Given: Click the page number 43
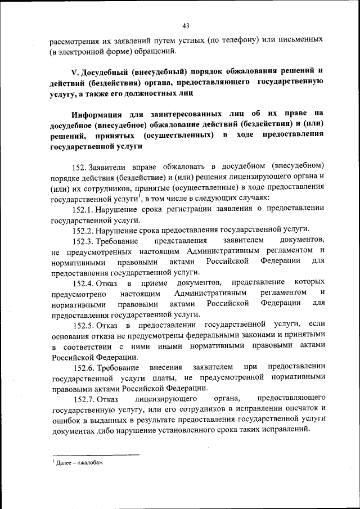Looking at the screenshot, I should [186, 25].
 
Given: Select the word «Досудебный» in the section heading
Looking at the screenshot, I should [106, 72].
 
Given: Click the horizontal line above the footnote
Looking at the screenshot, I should [96, 454].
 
